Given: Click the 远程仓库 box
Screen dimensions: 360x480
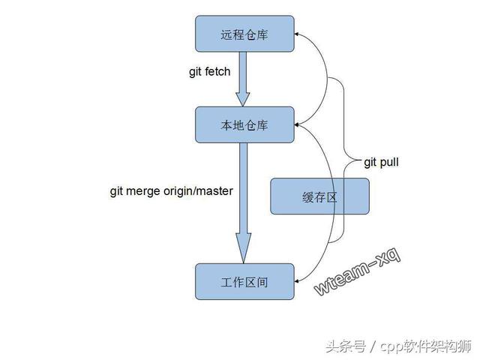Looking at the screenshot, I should click(244, 34).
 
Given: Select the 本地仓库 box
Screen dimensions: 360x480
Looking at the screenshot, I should click(244, 124).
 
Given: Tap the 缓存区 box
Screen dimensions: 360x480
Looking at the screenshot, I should click(319, 196).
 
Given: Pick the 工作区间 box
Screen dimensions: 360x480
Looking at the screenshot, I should click(244, 282).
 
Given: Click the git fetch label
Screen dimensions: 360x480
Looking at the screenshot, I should click(209, 72).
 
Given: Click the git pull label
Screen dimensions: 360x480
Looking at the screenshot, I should click(382, 161).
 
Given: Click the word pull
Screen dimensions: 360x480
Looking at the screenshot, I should click(389, 161).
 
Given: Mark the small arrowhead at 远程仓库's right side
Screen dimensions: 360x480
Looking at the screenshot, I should click(298, 34).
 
